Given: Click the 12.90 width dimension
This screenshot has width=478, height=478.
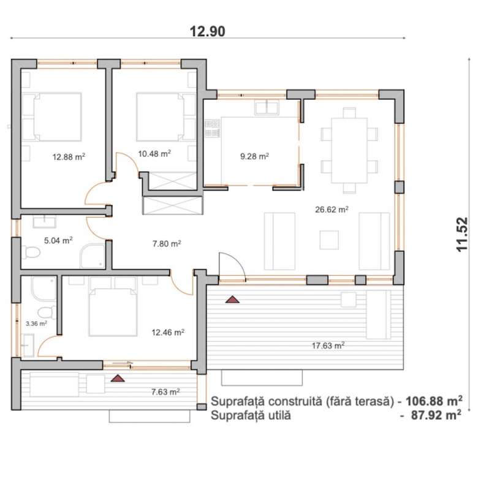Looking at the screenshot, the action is (208, 31).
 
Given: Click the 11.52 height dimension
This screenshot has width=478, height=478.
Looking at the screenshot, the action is (462, 234).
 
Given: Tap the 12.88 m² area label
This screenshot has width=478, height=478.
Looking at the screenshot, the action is (69, 157).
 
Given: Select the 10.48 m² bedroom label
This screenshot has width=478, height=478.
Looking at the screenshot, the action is (154, 153).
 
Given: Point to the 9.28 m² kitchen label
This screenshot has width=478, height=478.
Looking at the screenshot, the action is (254, 156).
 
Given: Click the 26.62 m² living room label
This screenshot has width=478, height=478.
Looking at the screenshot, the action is (332, 210).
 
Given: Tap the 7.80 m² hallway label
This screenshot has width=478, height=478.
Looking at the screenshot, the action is (167, 243).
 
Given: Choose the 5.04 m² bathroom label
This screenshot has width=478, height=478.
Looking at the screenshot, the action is (58, 240).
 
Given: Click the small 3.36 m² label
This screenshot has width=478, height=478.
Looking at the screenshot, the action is (36, 324).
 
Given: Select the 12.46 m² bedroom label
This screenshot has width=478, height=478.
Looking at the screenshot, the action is (168, 332).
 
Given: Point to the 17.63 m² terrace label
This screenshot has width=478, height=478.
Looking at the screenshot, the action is (328, 346).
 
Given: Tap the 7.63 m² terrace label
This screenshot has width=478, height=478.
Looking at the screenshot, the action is (165, 392).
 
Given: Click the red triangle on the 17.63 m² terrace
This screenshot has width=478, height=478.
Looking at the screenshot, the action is (232, 299).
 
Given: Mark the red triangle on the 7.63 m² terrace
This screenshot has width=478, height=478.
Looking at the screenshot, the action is (118, 378).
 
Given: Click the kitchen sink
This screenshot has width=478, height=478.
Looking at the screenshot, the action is (267, 108).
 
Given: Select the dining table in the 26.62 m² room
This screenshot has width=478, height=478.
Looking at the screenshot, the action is (349, 150).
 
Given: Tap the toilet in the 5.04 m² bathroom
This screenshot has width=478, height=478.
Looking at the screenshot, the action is (31, 252).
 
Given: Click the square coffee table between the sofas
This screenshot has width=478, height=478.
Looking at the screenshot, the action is (329, 240).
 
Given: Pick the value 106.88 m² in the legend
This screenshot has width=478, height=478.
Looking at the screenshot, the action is (434, 401).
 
